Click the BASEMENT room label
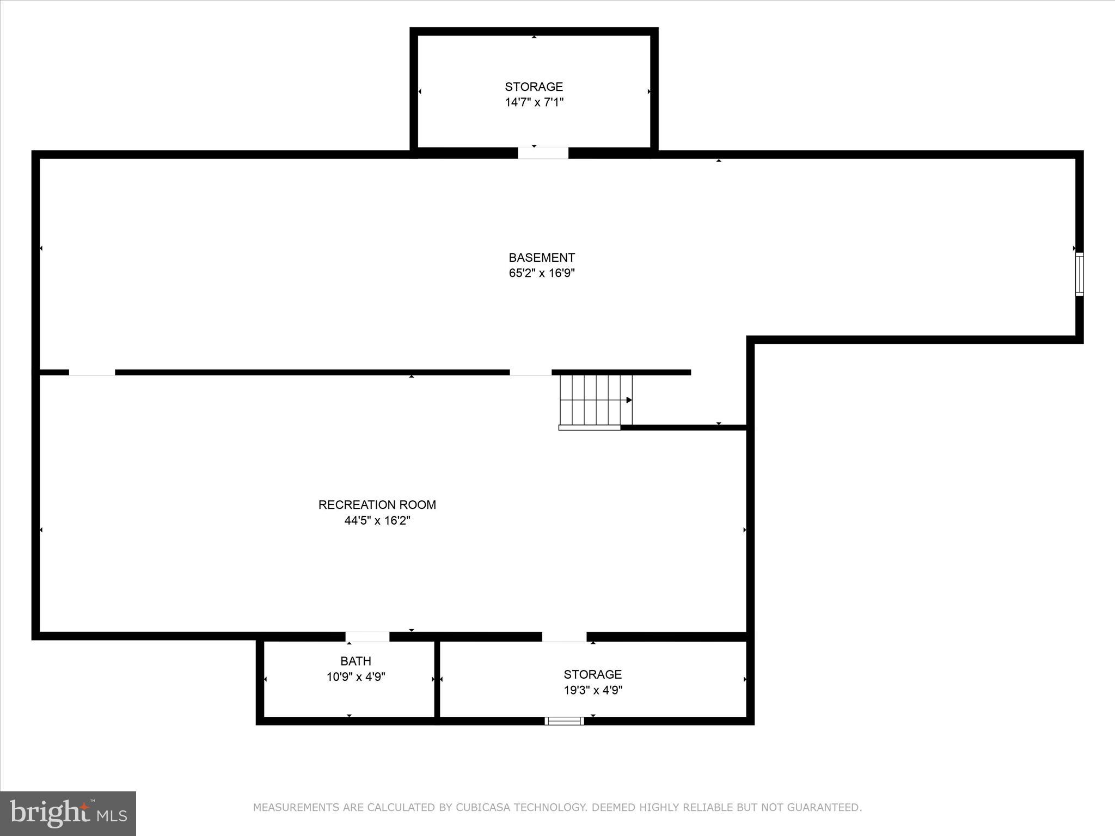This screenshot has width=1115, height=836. pyautogui.click(x=542, y=257)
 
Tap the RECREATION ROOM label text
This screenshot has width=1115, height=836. pyautogui.click(x=377, y=505)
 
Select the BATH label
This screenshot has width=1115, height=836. pyautogui.click(x=356, y=661)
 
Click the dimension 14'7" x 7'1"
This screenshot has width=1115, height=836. pyautogui.click(x=534, y=102)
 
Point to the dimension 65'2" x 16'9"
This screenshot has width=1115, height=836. pyautogui.click(x=542, y=273)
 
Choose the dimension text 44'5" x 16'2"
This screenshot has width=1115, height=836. pyautogui.click(x=377, y=520)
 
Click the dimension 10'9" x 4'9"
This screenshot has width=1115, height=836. pyautogui.click(x=356, y=677)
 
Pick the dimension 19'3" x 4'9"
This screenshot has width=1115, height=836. pyautogui.click(x=593, y=690)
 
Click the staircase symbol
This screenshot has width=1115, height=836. pyautogui.click(x=596, y=400)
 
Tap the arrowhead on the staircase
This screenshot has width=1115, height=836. pyautogui.click(x=629, y=400)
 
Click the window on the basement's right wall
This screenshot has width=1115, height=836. pyautogui.click(x=1079, y=274)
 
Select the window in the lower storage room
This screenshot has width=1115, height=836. pyautogui.click(x=564, y=721)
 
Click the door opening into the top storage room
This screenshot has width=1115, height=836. pyautogui.click(x=543, y=153)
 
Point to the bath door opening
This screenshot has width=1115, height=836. pyautogui.click(x=367, y=636)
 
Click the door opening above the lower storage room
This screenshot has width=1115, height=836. pyautogui.click(x=564, y=636)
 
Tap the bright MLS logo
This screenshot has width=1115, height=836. pyautogui.click(x=68, y=813)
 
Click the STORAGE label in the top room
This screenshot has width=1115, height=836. pyautogui.click(x=534, y=87)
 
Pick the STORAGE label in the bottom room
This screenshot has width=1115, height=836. pyautogui.click(x=592, y=674)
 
